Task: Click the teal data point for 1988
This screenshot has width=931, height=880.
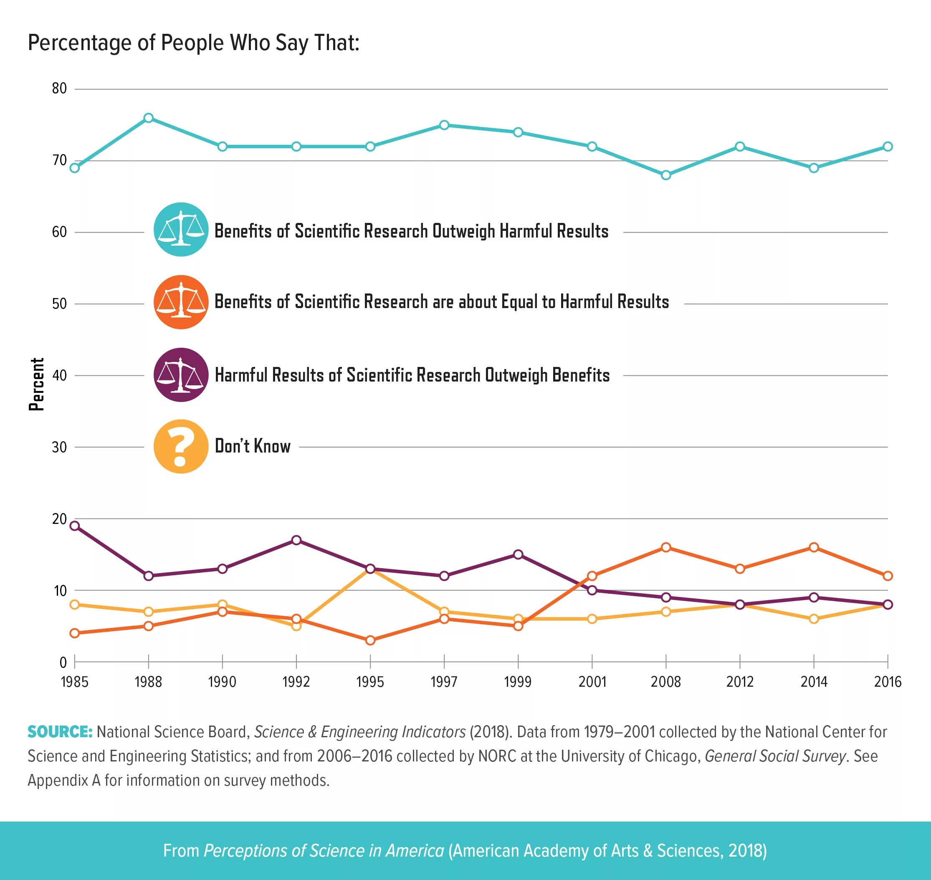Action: coord(148,118)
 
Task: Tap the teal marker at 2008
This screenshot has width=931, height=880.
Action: coord(665,175)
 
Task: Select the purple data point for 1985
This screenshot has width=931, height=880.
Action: coord(75,526)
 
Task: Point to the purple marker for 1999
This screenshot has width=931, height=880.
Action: coord(518,554)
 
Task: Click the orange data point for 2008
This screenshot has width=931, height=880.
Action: coord(665,547)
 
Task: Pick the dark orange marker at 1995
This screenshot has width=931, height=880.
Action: coord(370,640)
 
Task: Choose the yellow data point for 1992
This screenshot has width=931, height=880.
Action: coord(296,626)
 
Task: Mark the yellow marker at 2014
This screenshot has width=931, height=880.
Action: coord(814,619)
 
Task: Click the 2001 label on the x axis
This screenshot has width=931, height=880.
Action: coord(592,682)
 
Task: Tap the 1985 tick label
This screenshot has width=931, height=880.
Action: coord(75,682)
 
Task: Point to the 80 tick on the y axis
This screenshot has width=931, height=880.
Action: coord(60,89)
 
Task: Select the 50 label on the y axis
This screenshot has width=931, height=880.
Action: coord(60,304)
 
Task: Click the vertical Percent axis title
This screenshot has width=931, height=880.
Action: coord(37,384)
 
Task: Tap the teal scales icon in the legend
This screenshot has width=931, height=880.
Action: coord(181,229)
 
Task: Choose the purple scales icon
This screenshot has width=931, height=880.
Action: coord(181,374)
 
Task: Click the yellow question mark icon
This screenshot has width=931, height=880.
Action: coord(181,446)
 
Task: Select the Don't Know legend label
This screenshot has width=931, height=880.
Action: coord(252,446)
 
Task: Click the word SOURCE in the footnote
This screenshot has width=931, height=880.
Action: coord(60,732)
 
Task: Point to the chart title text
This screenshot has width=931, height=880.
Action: coord(194,43)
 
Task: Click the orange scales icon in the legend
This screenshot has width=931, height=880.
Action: coord(181,302)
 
